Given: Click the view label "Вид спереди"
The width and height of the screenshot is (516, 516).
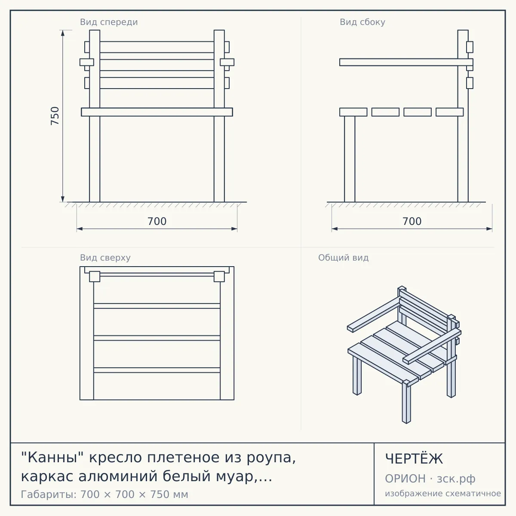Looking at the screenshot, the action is [x=109, y=22].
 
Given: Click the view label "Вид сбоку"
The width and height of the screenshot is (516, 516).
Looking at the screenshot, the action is [x=362, y=22].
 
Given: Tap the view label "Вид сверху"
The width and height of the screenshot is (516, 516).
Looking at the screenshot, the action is [x=105, y=258].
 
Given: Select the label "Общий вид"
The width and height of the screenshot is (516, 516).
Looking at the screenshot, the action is [x=343, y=258].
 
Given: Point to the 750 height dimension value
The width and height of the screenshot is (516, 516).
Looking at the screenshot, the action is [x=55, y=116].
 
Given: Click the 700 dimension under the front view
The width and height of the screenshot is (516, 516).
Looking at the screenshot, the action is [x=157, y=221].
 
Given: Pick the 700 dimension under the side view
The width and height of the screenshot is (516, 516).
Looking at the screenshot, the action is [x=412, y=221].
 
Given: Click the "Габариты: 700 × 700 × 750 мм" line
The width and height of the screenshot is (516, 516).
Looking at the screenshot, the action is [x=104, y=494].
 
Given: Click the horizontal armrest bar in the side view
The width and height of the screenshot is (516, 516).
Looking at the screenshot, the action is [x=406, y=62].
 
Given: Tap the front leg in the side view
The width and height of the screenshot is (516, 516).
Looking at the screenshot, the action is [x=350, y=159].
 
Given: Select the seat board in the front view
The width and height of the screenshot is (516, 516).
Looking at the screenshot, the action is [x=157, y=112].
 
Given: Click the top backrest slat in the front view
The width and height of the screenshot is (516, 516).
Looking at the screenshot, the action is [x=157, y=47].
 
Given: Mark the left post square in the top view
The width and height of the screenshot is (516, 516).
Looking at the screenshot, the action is [x=95, y=276].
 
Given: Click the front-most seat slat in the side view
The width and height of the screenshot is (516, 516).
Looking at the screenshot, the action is [x=353, y=112].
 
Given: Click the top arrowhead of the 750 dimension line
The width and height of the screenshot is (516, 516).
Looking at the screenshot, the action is [x=63, y=33].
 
